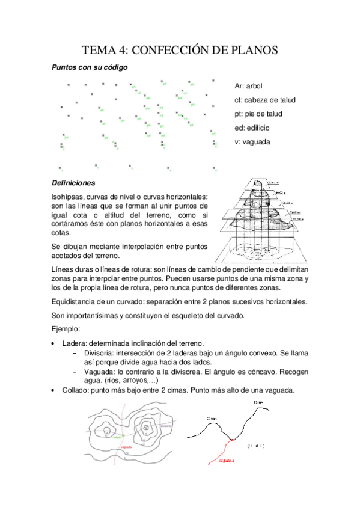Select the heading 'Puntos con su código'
coord(89,68)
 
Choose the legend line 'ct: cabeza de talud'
coord(264,100)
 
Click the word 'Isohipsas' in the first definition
coord(68,197)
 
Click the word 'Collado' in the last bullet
coord(75,390)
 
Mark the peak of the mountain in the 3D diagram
coord(258,182)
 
